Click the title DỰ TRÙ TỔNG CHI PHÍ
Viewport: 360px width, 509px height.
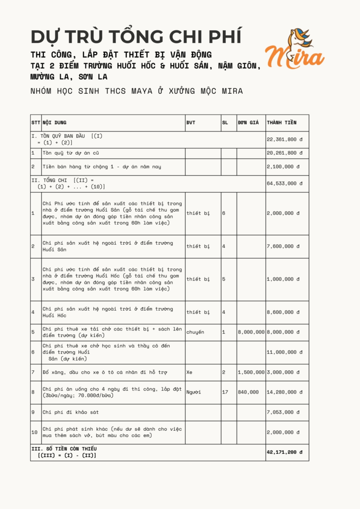(x=136, y=36)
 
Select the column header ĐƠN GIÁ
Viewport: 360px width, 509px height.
(x=248, y=123)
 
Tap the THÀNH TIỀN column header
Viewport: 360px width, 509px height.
(x=282, y=123)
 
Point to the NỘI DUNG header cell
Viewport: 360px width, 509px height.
(x=54, y=123)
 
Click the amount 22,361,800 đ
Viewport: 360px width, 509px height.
(x=285, y=140)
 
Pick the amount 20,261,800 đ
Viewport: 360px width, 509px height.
(x=285, y=153)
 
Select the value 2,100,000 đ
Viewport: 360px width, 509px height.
(x=283, y=166)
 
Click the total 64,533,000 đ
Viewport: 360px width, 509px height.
(x=285, y=183)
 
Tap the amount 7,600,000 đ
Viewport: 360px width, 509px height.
(x=283, y=246)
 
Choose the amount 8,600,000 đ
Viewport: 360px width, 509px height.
(x=283, y=312)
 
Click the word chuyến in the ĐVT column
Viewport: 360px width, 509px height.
(x=195, y=332)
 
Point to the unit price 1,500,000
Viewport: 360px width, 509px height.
(x=251, y=372)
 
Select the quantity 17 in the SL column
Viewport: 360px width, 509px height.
(x=225, y=392)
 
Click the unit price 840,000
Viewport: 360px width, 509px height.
(x=248, y=392)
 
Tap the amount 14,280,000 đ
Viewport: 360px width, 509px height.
(x=285, y=392)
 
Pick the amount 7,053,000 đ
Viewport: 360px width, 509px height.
(x=283, y=412)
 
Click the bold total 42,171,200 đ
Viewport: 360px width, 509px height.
(x=285, y=452)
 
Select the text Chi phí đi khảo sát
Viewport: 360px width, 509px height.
(x=71, y=412)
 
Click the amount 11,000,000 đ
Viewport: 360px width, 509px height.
(x=285, y=352)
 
